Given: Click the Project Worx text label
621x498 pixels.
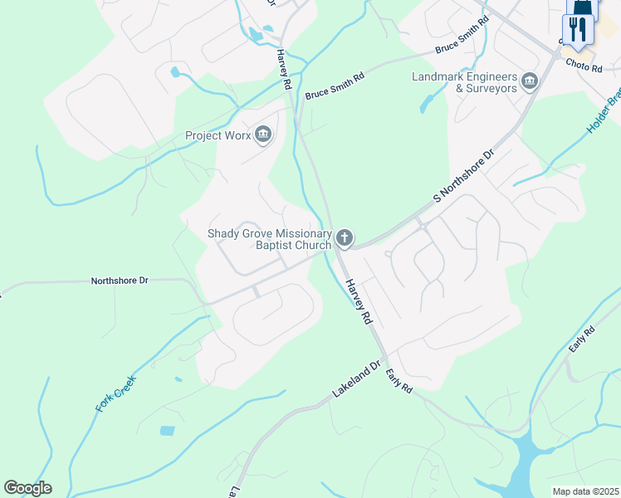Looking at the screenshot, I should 218,135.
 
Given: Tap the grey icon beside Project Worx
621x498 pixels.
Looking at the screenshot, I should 264,134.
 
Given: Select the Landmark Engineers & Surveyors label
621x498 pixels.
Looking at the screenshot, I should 465,83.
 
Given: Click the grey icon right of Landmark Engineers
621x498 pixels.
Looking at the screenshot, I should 530,82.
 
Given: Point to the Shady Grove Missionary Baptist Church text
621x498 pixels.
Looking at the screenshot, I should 269,239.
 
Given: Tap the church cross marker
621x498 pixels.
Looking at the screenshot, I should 345,239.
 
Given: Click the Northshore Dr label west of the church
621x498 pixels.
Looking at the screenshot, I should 119,281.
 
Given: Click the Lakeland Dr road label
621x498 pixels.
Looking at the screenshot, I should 356,378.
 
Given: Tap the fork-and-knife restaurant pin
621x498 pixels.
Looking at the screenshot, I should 578,30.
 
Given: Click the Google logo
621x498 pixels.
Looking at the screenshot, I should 27,488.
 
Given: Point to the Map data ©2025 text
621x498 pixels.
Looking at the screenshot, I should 585,491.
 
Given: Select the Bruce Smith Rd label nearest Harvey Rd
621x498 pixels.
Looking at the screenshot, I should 335,87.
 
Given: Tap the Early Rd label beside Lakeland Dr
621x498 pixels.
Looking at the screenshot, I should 399,382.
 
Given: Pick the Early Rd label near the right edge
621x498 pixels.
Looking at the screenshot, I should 584,340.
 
